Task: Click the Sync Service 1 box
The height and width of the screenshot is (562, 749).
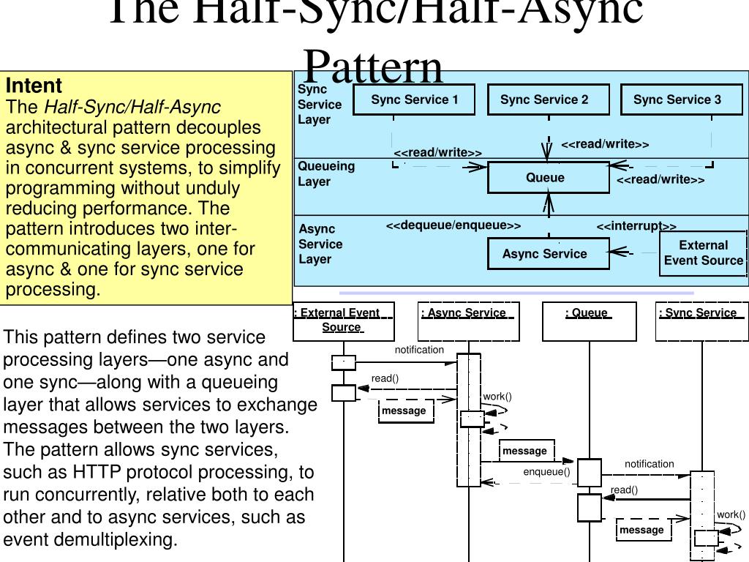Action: [x=414, y=100]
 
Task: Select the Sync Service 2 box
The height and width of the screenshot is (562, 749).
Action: [x=548, y=100]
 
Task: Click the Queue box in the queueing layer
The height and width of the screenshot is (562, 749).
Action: [x=548, y=178]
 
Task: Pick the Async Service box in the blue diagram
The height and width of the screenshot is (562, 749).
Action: [x=548, y=254]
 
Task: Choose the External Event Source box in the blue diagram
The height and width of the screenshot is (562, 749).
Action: [x=703, y=253]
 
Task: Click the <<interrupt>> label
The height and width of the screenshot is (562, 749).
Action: [x=636, y=226]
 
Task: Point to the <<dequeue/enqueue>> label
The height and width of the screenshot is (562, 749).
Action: [x=453, y=225]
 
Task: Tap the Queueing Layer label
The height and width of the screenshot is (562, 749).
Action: [x=325, y=173]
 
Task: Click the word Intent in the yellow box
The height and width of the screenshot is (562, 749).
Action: [x=34, y=85]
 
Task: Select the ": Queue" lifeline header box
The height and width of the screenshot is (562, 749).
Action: [x=590, y=321]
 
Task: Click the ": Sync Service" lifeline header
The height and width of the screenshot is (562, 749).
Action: [x=701, y=321]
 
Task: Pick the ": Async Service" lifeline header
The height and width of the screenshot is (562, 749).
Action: [x=468, y=321]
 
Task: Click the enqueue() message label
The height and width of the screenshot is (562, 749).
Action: [x=546, y=471]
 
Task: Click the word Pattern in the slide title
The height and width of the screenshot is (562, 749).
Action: [x=373, y=67]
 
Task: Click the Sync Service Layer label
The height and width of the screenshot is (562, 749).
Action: [x=320, y=104]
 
